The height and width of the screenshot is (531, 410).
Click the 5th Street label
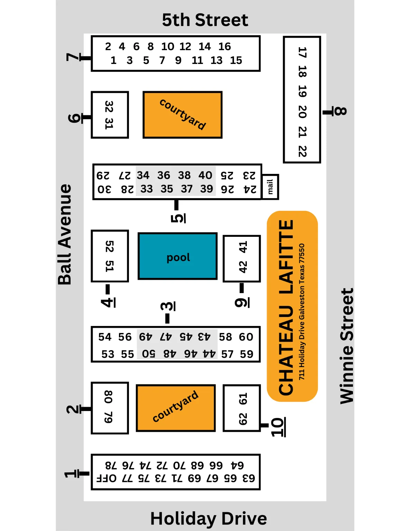point(205,20)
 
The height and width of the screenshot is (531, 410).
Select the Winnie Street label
point(347,346)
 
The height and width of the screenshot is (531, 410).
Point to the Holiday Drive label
point(208,519)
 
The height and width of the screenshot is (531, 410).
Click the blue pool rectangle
point(178,256)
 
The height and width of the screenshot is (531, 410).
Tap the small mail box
point(270,187)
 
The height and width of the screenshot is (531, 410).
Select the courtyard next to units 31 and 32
point(183,115)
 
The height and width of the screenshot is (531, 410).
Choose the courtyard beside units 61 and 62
point(176,408)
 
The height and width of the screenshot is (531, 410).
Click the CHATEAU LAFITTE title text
point(286,308)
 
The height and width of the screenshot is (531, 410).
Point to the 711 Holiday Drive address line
point(302,311)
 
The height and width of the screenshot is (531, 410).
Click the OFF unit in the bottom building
point(107,479)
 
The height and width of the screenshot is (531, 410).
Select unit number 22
point(302,151)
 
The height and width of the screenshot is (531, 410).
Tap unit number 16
point(225,46)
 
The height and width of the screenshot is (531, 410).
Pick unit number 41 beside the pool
point(243,247)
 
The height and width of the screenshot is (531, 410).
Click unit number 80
point(109,397)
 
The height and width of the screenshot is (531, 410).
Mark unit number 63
point(249,479)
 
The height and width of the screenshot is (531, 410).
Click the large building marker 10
point(277,427)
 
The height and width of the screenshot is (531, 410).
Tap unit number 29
point(103,176)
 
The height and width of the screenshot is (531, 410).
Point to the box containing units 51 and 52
point(110,256)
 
